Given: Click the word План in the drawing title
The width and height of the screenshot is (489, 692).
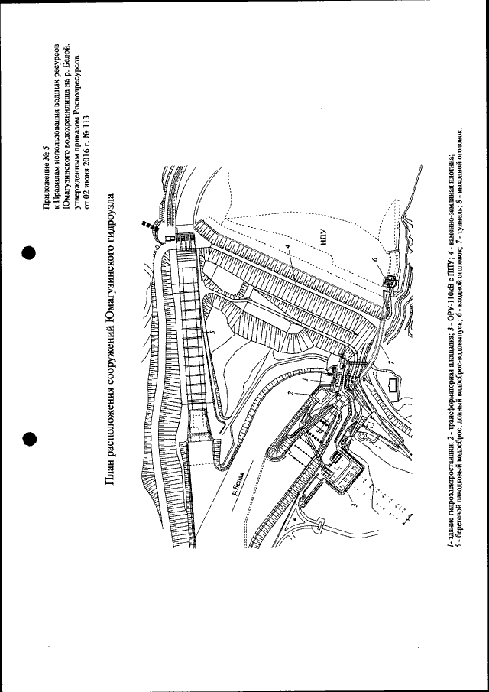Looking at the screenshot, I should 112,467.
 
